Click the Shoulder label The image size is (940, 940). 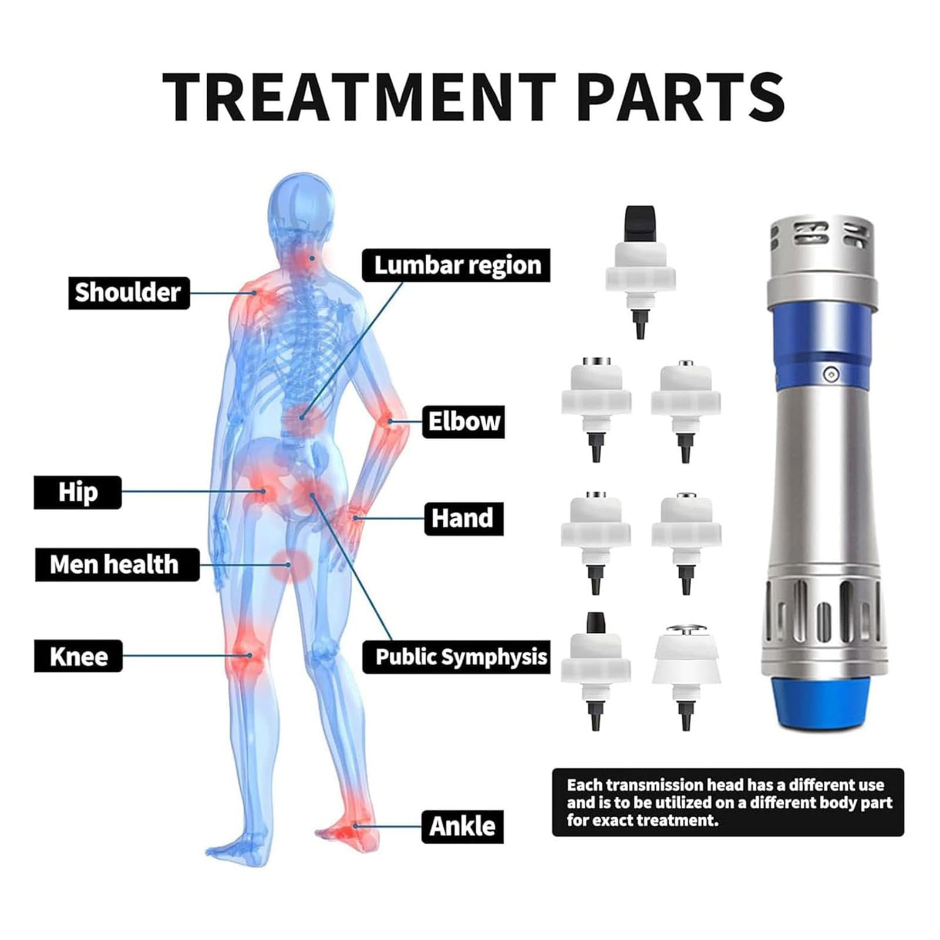coord(129,293)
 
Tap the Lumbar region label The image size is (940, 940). coord(456,265)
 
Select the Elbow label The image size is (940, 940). coord(463,422)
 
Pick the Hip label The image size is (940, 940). coord(78,492)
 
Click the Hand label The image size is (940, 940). coord(463,518)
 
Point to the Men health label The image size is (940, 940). coord(117,565)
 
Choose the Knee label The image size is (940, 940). coord(78,656)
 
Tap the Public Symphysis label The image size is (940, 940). coord(456,657)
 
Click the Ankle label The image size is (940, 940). coord(462,827)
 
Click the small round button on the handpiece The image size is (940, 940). coord(830,373)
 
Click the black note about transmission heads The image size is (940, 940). coord(728,802)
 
